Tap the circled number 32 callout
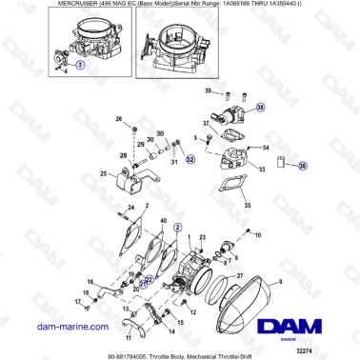190,160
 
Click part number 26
119,119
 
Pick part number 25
104,173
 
